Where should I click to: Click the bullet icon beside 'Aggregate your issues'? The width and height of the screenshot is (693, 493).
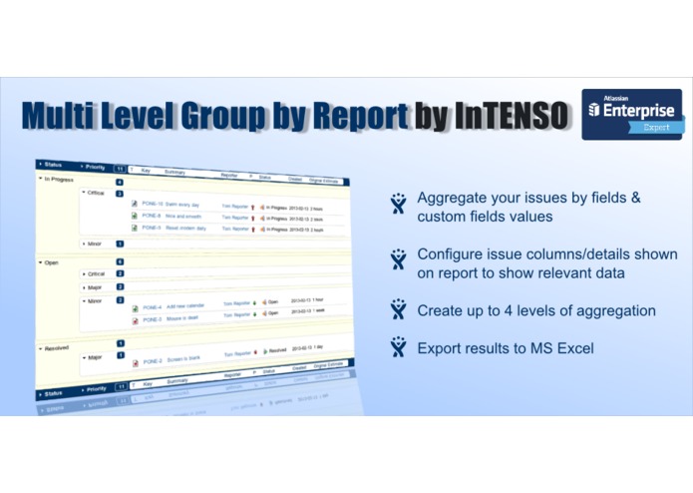tap(399, 204)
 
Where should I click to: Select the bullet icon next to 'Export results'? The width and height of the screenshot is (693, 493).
tap(399, 346)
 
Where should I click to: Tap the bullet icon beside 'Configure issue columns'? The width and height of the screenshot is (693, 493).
tap(399, 260)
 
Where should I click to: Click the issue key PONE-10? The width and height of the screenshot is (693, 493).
tap(154, 203)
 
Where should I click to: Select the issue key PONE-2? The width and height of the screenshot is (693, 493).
tap(153, 360)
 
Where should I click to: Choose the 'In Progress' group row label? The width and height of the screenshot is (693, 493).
tap(62, 179)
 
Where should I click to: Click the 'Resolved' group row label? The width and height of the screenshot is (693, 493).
tap(57, 348)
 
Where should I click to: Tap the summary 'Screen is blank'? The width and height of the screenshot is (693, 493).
tap(186, 361)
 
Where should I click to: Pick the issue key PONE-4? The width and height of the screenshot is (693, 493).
tap(153, 307)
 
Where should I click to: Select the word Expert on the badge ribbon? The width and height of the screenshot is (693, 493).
tap(656, 128)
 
